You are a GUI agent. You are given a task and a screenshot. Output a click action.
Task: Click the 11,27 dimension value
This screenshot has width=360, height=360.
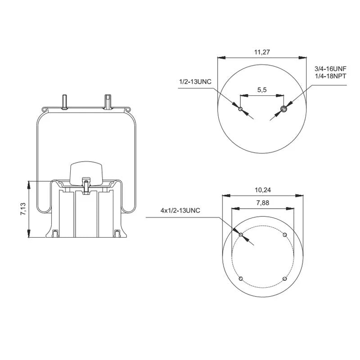coord(262,52)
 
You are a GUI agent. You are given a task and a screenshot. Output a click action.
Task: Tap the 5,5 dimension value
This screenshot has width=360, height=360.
coord(262,90)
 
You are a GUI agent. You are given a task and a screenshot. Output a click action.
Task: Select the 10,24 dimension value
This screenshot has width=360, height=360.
coord(263,190)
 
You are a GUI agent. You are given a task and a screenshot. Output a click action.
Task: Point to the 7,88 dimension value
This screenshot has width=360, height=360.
coord(263,203)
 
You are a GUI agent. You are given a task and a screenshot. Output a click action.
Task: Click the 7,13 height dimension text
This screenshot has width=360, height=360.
coord(24,209)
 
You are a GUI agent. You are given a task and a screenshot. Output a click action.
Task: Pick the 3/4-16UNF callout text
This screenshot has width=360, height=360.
coord(330,69)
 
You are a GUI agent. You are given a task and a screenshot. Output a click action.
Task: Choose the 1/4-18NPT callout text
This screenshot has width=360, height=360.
coord(330,76)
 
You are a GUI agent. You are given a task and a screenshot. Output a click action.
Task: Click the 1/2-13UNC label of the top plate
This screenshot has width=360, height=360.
coord(195,82)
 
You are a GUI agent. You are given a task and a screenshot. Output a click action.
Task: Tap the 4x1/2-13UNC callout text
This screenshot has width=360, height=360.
coord(180,210)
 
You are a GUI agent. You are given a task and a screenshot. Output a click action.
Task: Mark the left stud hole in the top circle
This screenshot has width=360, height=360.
coord(240,109)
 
